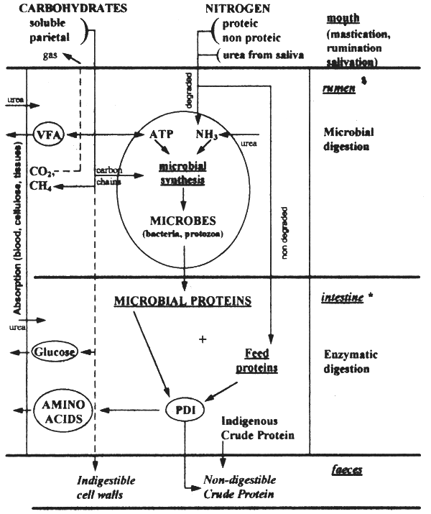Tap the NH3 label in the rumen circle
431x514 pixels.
(x=206, y=134)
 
